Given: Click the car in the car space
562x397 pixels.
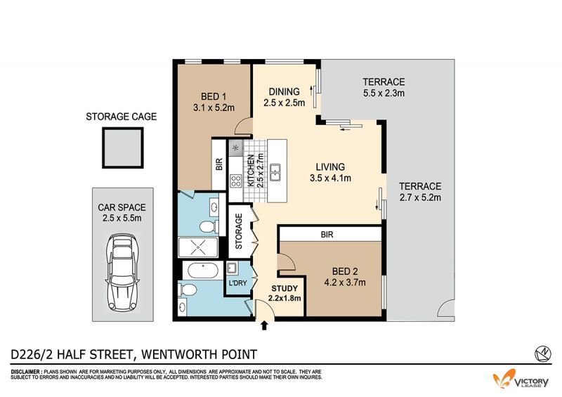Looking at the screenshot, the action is click(122, 273).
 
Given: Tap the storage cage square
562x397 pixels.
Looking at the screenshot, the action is click(123, 148).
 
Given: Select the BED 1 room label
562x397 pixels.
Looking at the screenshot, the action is click(214, 102).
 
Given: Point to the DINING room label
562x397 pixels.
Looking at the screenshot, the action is click(285, 97).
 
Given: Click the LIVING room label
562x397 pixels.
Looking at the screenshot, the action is click(330, 172).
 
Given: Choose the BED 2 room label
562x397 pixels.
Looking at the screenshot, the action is click(345, 277).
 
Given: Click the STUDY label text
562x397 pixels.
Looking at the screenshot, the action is click(285, 288).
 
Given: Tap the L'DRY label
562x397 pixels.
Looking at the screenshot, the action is click(238, 283).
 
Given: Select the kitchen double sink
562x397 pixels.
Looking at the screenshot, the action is click(275, 172).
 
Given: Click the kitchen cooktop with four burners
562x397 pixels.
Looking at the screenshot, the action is click(235, 181).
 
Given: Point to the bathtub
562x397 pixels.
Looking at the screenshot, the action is click(202, 271).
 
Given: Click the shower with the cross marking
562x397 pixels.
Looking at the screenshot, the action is click(198, 247).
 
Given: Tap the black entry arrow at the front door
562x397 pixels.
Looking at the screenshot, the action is click(265, 325).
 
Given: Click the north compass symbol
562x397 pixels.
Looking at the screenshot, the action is click(542, 353).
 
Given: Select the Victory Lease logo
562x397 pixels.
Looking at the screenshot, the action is click(521, 379).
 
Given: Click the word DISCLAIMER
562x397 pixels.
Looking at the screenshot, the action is click(26, 372).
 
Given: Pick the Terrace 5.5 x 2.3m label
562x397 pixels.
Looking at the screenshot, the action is click(384, 87).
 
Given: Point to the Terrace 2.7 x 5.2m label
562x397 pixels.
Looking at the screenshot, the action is click(420, 192).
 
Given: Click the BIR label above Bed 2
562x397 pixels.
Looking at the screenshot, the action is click(327, 235).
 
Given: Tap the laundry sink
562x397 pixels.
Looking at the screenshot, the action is click(231, 268).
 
